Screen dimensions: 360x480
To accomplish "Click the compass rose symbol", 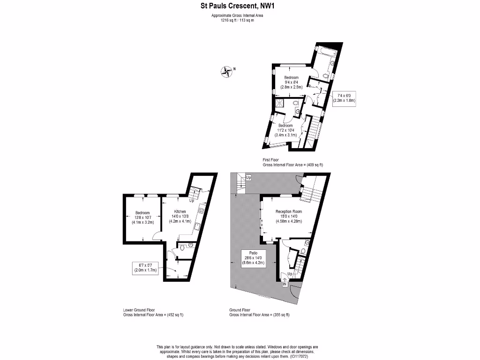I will click(x=227, y=71).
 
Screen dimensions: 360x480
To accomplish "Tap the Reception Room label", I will click(x=288, y=211).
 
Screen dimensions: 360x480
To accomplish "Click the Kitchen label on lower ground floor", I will click(x=180, y=211).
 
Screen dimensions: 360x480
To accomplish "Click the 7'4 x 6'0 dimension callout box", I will click(x=344, y=98).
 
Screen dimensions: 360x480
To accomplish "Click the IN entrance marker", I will click(x=285, y=284).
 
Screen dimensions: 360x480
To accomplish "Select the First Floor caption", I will click(x=270, y=160).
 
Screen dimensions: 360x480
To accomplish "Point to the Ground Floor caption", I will click(x=240, y=310).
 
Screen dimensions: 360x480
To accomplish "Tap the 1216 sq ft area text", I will click(x=230, y=20).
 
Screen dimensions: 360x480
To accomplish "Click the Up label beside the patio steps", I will click(x=248, y=178).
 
